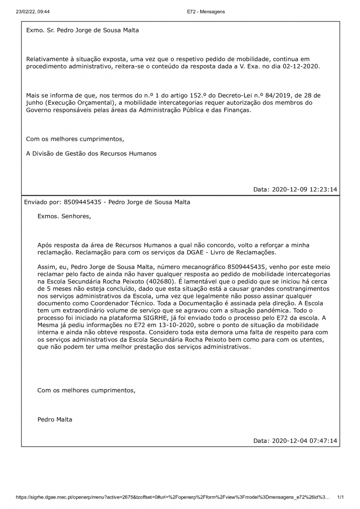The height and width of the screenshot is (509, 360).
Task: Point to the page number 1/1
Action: pos(341,497)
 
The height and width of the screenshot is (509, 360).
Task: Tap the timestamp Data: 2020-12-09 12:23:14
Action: pos(295,189)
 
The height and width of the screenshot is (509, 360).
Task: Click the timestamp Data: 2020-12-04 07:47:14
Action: pos(295,441)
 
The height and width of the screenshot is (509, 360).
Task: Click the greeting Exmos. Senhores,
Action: pos(64,216)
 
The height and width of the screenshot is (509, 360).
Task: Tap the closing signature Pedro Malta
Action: pos(55,420)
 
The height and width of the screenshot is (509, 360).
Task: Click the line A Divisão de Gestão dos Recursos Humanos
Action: pos(91,154)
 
